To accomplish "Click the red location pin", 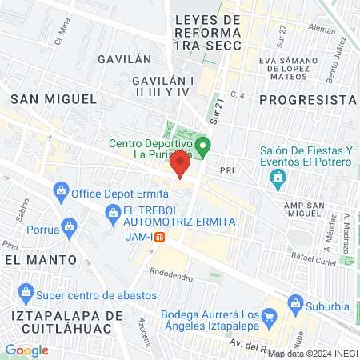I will pos(181,166).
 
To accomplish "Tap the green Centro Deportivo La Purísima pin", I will pos(203,146).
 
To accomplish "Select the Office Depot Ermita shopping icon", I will pos(60,192).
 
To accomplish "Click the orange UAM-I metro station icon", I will pos(159,237).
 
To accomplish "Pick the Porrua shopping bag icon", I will pos(70,226).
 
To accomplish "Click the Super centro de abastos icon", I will pos(26,291).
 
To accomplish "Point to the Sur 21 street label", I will pos(217,106).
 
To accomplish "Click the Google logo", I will pos(26,350).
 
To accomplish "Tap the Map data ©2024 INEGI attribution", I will pos(313,353).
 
